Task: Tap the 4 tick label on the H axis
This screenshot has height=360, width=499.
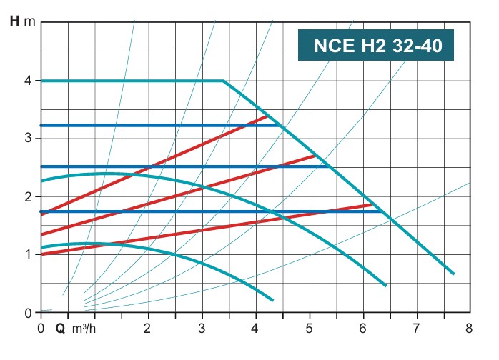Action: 26,81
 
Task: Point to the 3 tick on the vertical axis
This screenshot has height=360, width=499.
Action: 26,138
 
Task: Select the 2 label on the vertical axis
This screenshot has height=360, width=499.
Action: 26,196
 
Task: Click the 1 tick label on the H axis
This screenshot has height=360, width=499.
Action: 26,254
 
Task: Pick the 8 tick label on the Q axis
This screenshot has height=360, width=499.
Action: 469,329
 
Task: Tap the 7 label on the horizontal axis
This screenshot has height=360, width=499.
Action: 415,329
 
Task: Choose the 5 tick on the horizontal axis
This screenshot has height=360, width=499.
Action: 309,329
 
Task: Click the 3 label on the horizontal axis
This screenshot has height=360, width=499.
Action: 202,329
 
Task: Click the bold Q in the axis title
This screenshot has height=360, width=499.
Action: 60,329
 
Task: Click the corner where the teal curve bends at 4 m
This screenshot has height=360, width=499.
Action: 223,81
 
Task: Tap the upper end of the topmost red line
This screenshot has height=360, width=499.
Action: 266,116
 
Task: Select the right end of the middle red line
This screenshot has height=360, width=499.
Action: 314,156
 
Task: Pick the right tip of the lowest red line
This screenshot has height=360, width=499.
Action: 372,205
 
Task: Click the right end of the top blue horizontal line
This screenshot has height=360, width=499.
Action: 280,126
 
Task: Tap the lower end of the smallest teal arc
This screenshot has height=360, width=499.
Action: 272,299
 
